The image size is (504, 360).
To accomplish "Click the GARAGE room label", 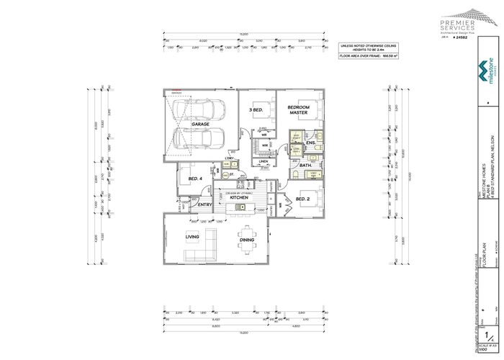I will click(200, 125).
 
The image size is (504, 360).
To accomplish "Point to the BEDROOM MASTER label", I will click(298, 109).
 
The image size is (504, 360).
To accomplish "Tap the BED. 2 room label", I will click(302, 199).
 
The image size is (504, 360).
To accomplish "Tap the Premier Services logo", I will click(461, 22).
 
